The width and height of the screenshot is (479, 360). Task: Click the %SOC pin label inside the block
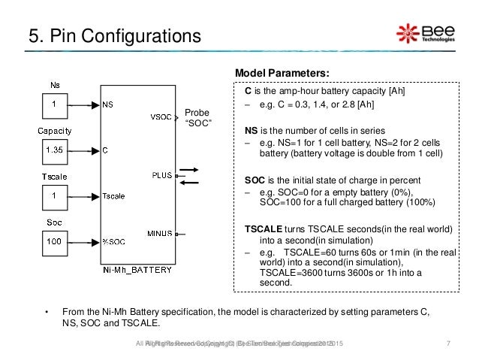tap(114, 241)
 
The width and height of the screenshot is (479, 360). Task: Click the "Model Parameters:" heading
tap(282, 72)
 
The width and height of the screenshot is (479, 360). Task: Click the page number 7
tap(448, 343)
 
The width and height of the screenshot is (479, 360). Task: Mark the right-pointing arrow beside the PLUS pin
tap(189, 169)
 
